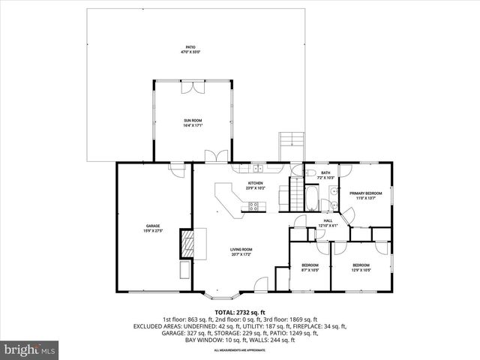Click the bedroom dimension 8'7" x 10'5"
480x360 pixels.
click(310, 270)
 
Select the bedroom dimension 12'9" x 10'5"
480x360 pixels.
click(361, 270)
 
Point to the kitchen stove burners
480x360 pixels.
click(253, 205)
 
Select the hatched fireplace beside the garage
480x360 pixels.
click(185, 243)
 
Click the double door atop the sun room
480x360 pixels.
click(193, 86)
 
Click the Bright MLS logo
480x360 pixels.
click(30, 349)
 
